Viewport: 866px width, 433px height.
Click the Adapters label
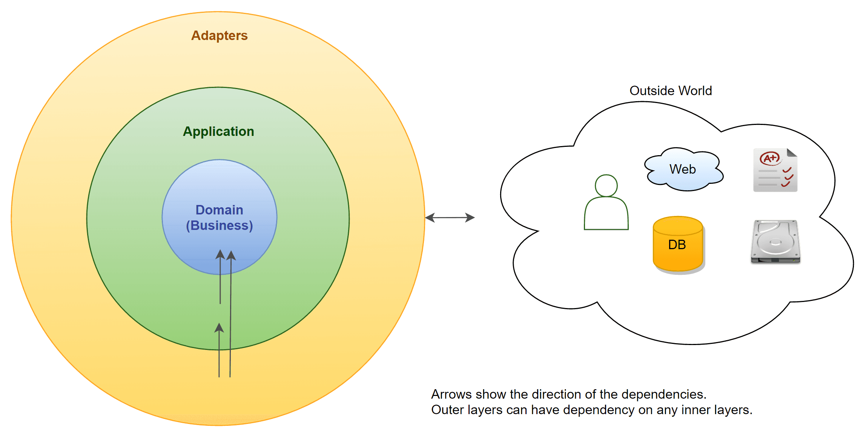(219, 35)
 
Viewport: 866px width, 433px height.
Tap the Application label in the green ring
(218, 131)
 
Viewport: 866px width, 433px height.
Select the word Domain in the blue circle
(219, 210)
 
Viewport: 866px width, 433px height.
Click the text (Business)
(219, 226)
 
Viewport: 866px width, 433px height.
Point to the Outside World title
(671, 91)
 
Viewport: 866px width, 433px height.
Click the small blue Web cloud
(683, 169)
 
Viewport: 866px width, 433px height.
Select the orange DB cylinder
(678, 244)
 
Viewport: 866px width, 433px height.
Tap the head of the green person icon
(606, 185)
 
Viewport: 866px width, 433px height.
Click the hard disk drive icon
(775, 242)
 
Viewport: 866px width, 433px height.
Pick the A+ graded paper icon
(775, 170)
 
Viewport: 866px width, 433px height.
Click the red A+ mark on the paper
(770, 158)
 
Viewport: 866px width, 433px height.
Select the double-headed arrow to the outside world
(450, 217)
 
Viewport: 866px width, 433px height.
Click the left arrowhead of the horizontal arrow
(430, 218)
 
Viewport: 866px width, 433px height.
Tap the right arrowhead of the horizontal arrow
(470, 217)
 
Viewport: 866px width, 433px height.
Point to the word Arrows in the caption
(451, 394)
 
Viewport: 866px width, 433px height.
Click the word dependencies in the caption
(663, 394)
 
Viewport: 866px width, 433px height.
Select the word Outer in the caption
(448, 410)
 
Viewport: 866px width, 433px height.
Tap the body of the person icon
(606, 215)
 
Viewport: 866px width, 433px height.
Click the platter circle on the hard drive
(775, 242)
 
